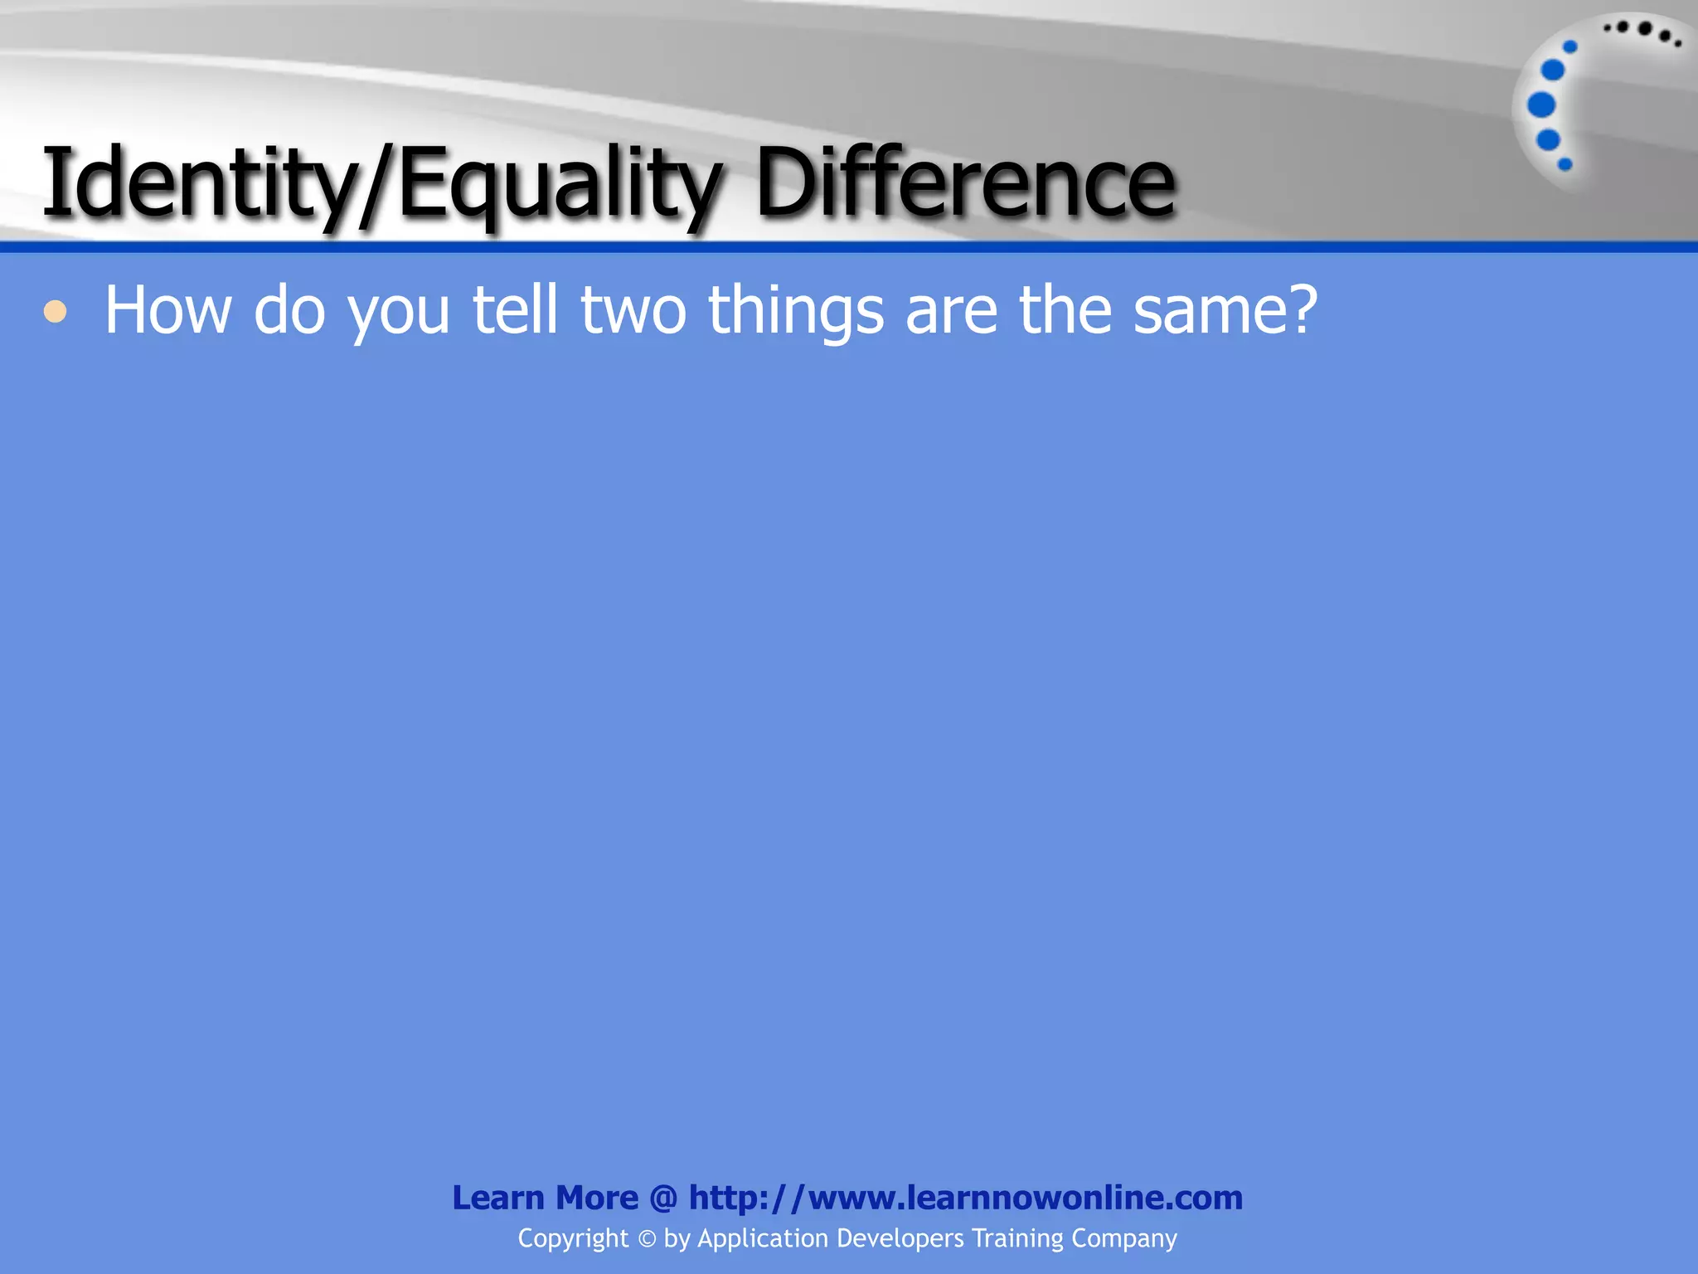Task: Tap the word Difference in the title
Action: pos(965,182)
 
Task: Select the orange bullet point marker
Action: pos(56,313)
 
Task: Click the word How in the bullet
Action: pos(167,310)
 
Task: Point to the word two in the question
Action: pos(633,310)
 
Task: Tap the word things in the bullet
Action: pos(796,312)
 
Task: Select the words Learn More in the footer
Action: pos(545,1198)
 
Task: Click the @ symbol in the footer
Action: pos(663,1198)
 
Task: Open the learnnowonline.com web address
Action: pos(966,1198)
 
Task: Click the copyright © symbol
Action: pos(647,1239)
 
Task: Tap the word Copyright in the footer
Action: pos(573,1239)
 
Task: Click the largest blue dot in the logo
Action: pos(1541,105)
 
